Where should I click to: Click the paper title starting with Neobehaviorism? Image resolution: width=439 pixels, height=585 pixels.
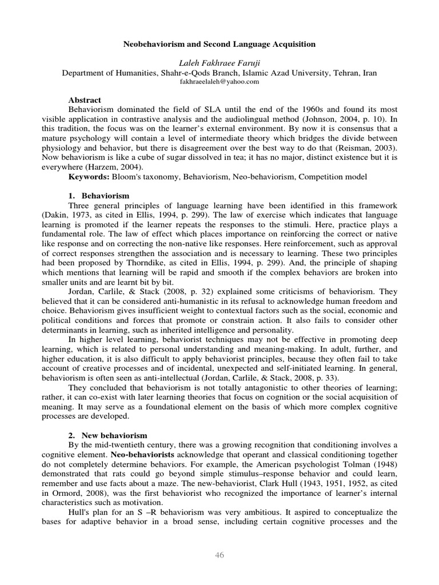point(219,44)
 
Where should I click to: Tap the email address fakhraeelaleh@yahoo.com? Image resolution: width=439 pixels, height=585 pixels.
point(219,82)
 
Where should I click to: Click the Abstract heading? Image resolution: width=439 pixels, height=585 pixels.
point(85,100)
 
